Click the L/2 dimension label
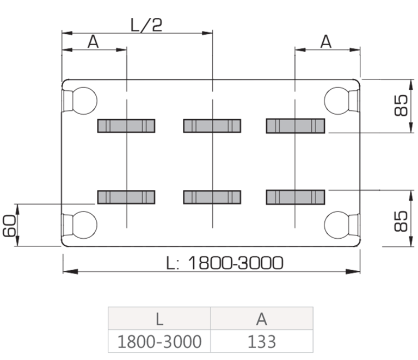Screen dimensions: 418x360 click(x=146, y=25)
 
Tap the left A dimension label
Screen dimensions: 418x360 click(x=93, y=41)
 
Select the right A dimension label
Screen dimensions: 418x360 click(x=326, y=41)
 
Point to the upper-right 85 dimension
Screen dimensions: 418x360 click(x=401, y=105)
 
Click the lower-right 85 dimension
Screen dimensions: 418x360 click(x=401, y=221)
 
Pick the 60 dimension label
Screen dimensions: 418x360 click(x=9, y=226)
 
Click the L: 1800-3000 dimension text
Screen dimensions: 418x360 click(x=224, y=263)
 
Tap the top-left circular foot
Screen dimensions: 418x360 click(x=83, y=101)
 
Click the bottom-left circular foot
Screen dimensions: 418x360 click(x=83, y=225)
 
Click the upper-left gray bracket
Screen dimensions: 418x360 click(x=126, y=126)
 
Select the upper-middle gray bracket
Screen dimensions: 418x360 click(x=212, y=126)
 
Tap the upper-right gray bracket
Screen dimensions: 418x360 click(x=296, y=126)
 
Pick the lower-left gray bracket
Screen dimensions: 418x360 click(x=126, y=197)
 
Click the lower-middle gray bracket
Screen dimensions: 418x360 click(x=212, y=197)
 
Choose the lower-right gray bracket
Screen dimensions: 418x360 click(x=296, y=197)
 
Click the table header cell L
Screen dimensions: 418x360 click(x=159, y=319)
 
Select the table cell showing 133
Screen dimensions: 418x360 click(x=262, y=342)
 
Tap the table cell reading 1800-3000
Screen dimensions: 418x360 click(x=159, y=342)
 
